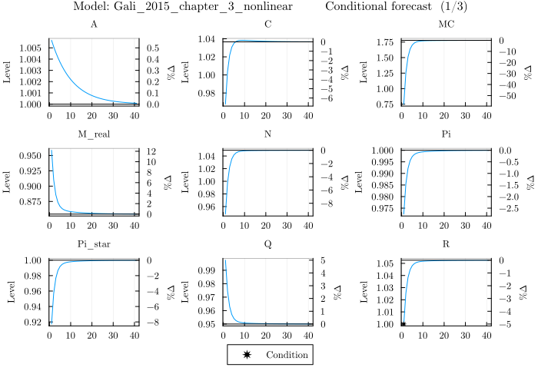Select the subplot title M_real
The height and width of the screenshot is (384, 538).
point(93,134)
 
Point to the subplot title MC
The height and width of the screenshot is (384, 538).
point(446,24)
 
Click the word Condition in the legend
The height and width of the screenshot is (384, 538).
point(287,355)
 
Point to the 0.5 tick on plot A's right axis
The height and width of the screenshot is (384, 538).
point(152,48)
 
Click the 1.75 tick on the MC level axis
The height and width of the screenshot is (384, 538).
point(384,41)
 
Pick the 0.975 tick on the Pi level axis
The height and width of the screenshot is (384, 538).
point(381,209)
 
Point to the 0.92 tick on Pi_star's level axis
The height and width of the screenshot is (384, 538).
point(33,322)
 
